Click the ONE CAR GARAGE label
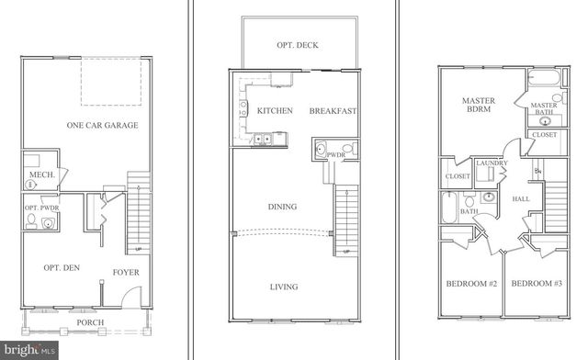(x=103, y=125)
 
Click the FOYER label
(x=126, y=272)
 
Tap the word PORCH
(x=90, y=322)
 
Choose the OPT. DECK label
(x=297, y=44)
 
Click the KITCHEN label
(x=275, y=111)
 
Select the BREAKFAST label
(x=333, y=111)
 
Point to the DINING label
(x=282, y=208)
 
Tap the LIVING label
(x=283, y=287)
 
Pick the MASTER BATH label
(x=546, y=109)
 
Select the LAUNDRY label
(x=492, y=163)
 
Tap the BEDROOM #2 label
(x=471, y=283)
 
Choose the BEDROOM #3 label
(x=537, y=283)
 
